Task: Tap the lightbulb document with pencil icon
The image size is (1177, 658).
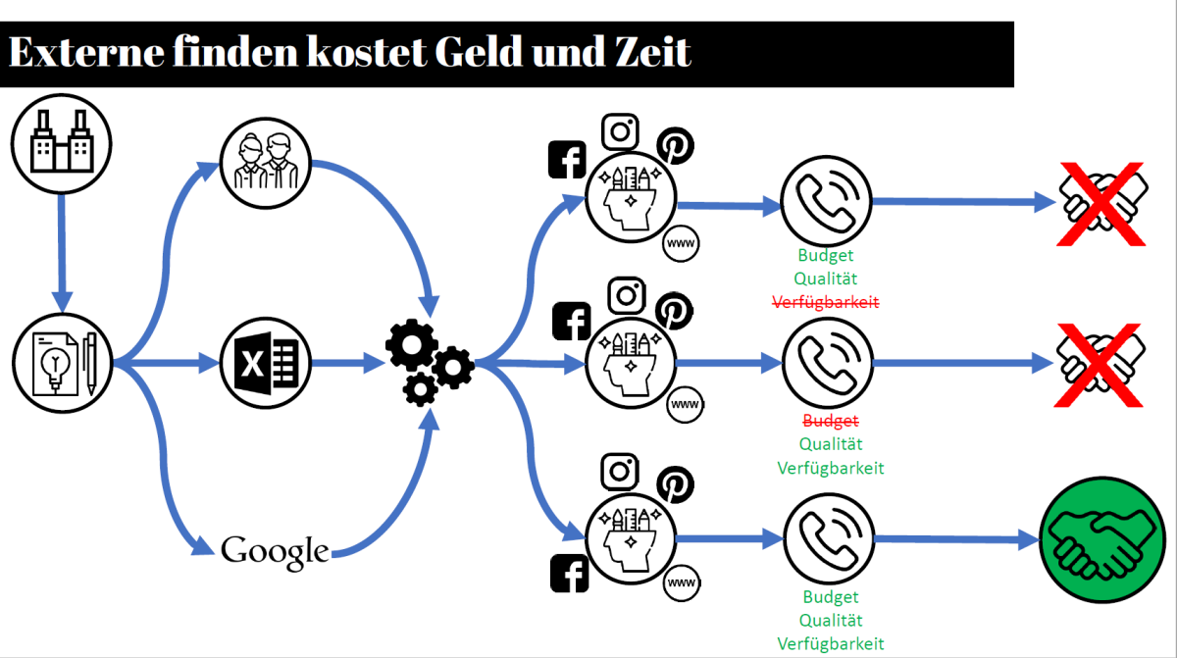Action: point(61,362)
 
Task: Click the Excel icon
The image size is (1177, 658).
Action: point(265,364)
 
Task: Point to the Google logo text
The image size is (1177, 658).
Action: point(275,551)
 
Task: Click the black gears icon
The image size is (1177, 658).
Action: point(429,363)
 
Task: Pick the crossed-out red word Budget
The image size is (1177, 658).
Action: point(830,421)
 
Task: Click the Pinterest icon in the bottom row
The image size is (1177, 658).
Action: point(674,482)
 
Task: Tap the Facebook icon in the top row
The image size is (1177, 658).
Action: point(567,160)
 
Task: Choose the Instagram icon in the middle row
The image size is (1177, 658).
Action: point(627,294)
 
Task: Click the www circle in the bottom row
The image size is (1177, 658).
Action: point(681,585)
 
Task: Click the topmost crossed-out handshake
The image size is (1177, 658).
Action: point(1100,204)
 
